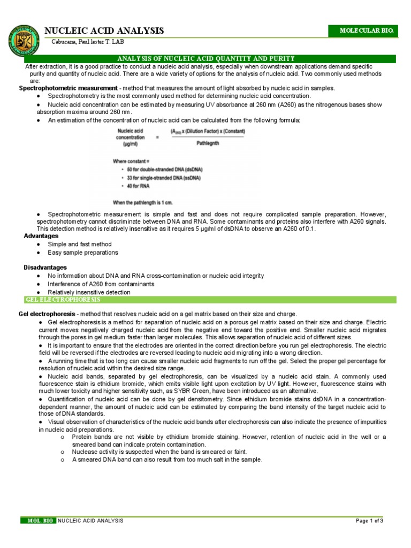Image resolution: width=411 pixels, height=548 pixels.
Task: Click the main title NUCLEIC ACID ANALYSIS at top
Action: pyautogui.click(x=104, y=31)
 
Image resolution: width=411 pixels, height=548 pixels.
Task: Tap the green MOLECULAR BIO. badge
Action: pyautogui.click(x=363, y=31)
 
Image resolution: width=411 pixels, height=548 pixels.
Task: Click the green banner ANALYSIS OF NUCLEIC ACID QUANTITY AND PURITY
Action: pyautogui.click(x=205, y=58)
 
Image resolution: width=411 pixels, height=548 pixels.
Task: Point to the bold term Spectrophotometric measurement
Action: pyautogui.click(x=68, y=88)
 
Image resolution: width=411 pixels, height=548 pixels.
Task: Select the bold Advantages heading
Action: pyautogui.click(x=41, y=236)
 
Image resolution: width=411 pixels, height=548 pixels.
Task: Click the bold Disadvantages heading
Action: pyautogui.click(x=45, y=267)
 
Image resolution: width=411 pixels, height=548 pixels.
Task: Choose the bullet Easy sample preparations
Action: pyautogui.click(x=83, y=252)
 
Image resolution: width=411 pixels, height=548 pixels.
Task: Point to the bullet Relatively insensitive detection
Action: pyautogui.click(x=89, y=292)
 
